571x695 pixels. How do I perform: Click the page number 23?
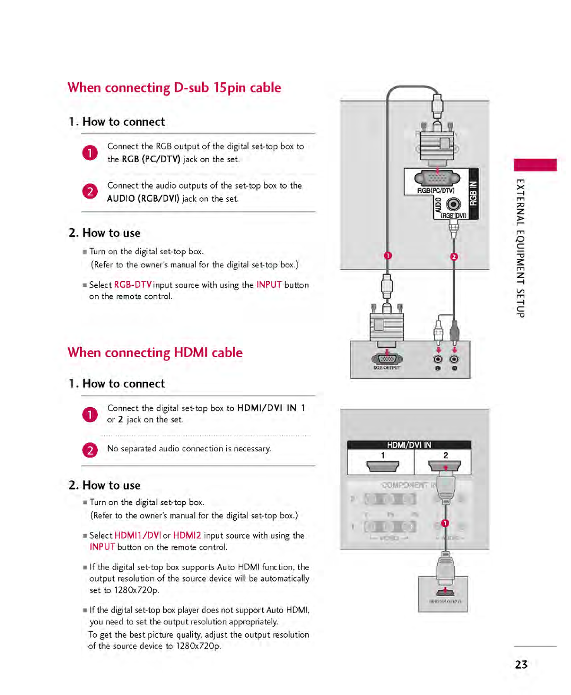(521, 664)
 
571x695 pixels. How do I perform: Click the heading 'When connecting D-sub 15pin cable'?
(174, 88)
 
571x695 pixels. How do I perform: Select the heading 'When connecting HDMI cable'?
(155, 353)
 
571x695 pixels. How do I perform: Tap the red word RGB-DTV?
(133, 285)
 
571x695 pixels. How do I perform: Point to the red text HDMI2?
(187, 535)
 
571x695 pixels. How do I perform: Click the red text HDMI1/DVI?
(138, 535)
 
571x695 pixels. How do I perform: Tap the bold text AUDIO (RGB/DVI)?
(143, 199)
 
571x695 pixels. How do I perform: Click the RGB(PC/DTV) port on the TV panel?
(437, 178)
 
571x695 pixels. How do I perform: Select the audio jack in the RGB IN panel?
(453, 204)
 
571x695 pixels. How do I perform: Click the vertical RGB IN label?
(473, 193)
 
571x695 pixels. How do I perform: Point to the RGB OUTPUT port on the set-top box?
(387, 359)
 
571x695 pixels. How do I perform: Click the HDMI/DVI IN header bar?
(409, 445)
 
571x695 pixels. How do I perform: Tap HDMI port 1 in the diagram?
(382, 466)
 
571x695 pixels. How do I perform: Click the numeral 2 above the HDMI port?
(446, 455)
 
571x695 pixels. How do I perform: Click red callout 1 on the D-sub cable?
(388, 255)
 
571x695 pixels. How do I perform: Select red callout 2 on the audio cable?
(454, 256)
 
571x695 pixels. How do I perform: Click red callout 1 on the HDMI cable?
(445, 523)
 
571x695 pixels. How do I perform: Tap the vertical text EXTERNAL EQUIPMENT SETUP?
(520, 248)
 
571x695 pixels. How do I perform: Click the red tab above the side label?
(535, 165)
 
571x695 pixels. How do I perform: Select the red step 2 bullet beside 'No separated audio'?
(90, 450)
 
